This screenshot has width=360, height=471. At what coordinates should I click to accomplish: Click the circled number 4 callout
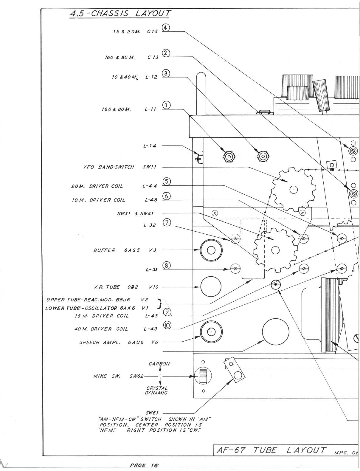(x=166, y=28)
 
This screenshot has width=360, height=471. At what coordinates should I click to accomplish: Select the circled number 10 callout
(x=167, y=325)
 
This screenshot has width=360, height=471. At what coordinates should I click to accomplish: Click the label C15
(x=153, y=32)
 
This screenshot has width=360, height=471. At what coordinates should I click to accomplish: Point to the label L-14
(x=150, y=146)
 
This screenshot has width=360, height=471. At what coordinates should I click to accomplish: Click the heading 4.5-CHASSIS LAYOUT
(x=120, y=14)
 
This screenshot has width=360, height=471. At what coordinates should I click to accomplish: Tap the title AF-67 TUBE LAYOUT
(x=271, y=450)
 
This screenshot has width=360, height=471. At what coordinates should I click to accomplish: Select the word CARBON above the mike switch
(x=159, y=364)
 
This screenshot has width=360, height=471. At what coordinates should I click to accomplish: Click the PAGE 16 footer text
(x=144, y=465)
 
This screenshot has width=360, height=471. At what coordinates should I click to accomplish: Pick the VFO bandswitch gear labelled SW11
(x=294, y=189)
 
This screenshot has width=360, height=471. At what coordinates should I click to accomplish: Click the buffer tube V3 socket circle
(x=211, y=250)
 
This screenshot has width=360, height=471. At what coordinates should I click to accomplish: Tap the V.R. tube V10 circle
(x=211, y=287)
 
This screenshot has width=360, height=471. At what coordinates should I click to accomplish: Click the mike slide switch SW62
(x=203, y=376)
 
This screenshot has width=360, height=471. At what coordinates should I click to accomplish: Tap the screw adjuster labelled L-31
(x=235, y=269)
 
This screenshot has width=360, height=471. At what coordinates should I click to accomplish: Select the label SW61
(x=152, y=413)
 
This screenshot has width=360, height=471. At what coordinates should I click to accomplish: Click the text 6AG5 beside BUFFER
(x=132, y=250)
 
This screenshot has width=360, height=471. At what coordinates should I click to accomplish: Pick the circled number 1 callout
(x=166, y=105)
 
